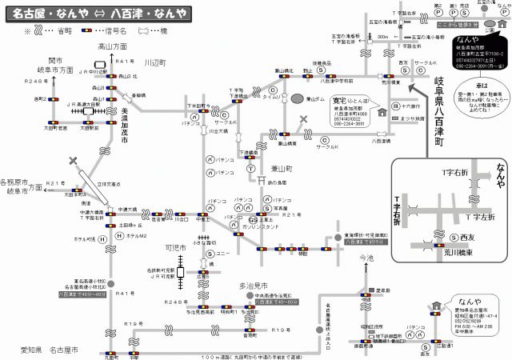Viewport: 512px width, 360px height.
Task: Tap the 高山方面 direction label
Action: click(x=113, y=47)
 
